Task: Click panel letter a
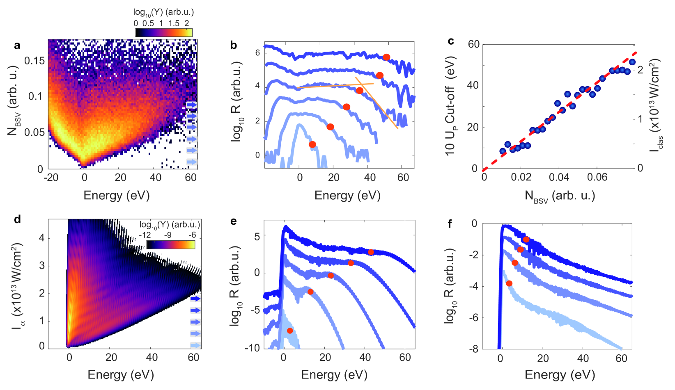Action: click(17, 46)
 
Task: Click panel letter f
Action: click(450, 224)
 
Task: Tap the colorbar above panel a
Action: click(164, 32)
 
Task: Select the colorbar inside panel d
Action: click(170, 245)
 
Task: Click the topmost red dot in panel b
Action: click(386, 57)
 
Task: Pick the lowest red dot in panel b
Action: click(312, 144)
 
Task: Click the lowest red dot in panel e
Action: click(290, 331)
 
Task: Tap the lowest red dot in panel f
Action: click(509, 283)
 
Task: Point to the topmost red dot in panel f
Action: click(526, 239)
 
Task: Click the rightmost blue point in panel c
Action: click(632, 62)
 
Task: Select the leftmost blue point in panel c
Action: click(503, 151)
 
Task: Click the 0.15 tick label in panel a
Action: click(34, 61)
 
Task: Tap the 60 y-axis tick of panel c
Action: click(473, 44)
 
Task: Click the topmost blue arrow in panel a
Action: click(192, 105)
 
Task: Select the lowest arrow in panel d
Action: click(195, 345)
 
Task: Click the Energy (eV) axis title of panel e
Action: click(334, 374)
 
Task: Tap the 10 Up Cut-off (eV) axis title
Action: click(450, 106)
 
